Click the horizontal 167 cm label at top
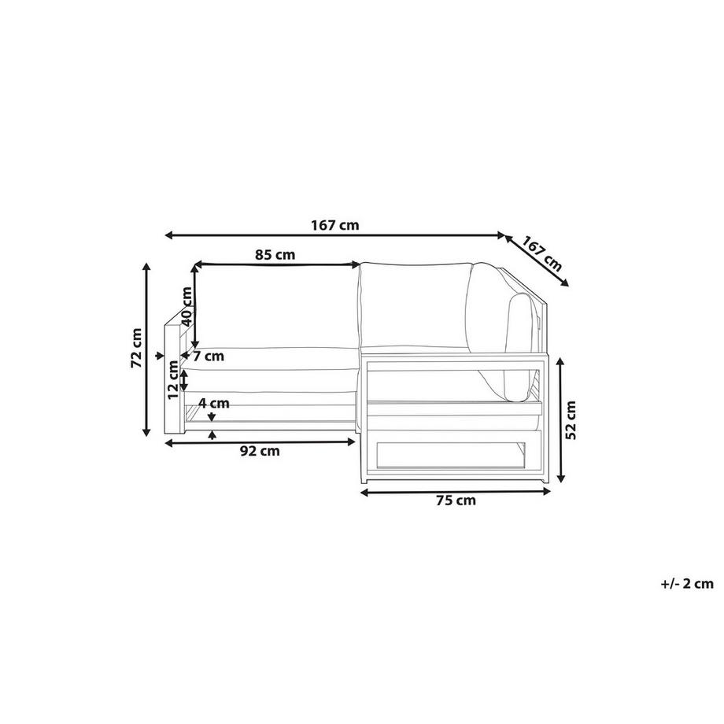click(x=334, y=225)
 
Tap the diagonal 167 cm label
click(x=542, y=253)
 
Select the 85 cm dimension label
click(x=275, y=254)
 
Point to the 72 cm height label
click(x=136, y=348)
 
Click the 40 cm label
click(x=187, y=306)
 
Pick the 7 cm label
click(x=209, y=356)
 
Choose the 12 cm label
click(x=172, y=379)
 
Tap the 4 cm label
click(x=214, y=403)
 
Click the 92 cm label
click(x=260, y=451)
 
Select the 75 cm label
click(x=456, y=501)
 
